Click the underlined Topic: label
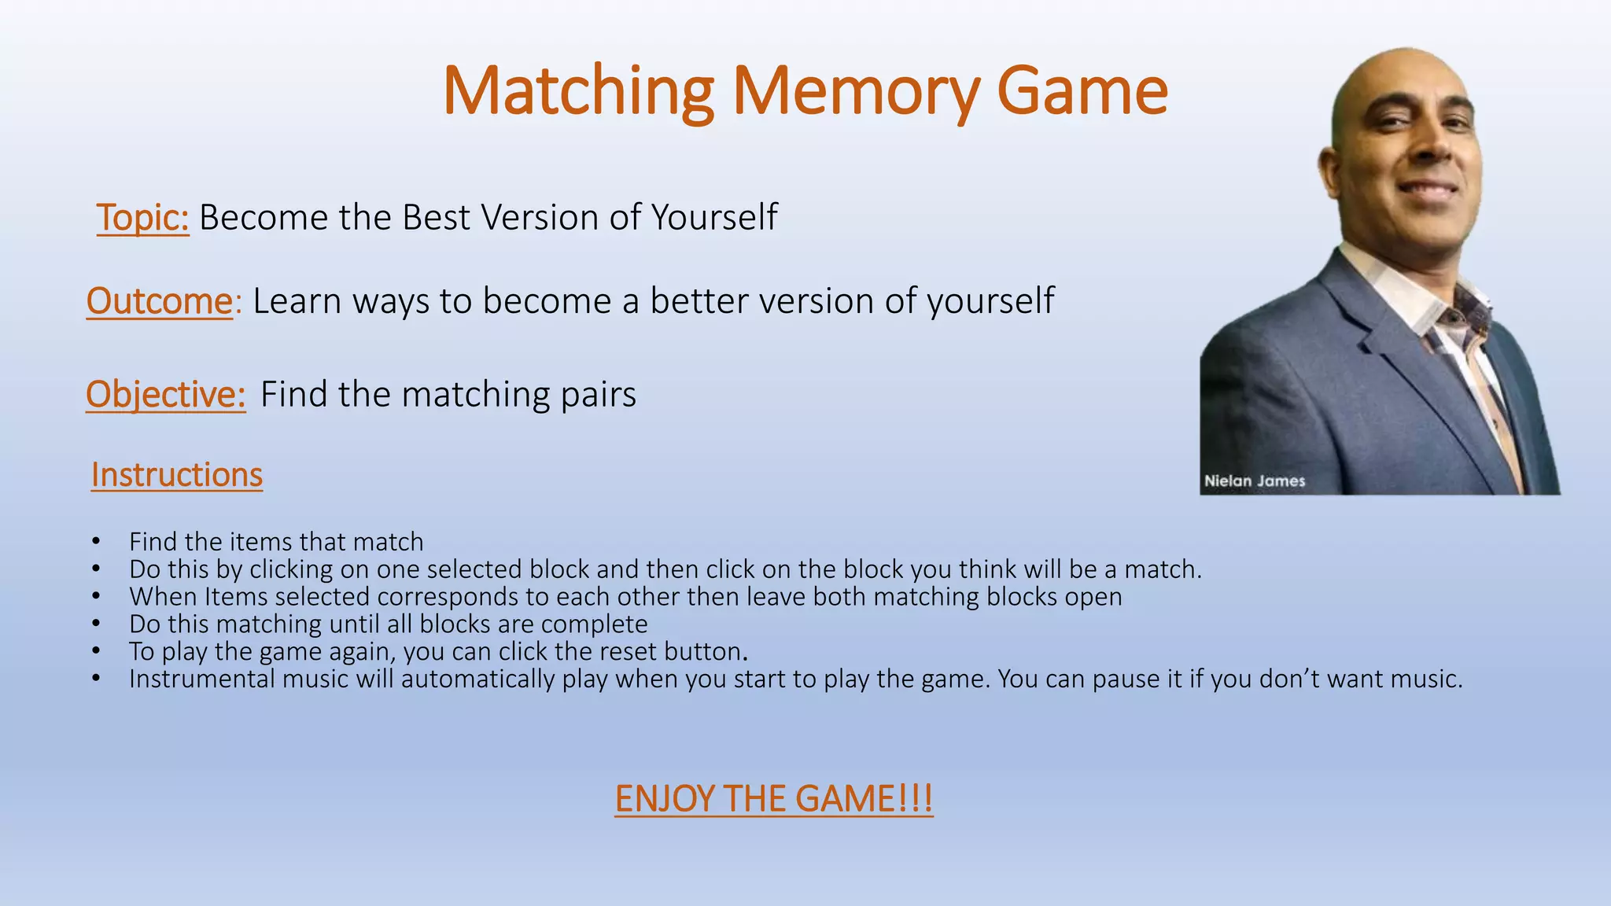142,218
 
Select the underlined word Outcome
160,301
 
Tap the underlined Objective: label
165,394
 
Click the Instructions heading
176,475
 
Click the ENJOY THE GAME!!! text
773,799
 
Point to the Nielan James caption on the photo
1254,481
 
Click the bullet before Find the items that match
95,542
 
